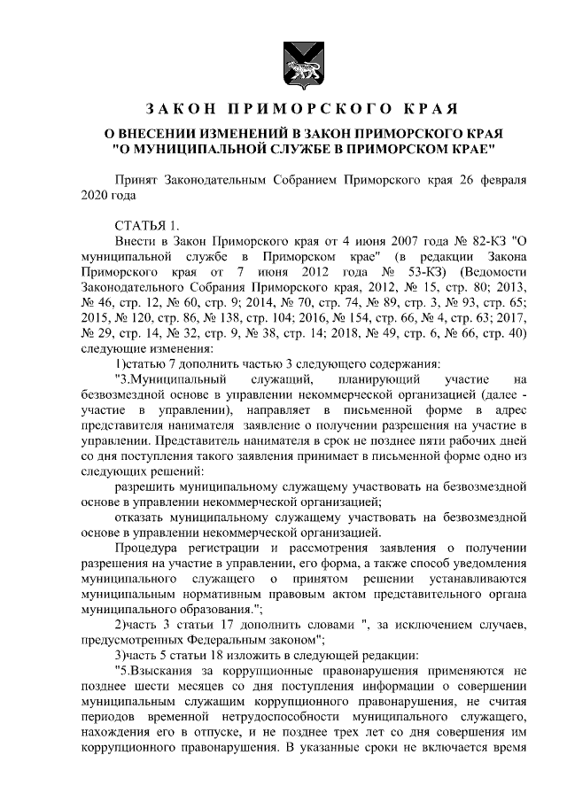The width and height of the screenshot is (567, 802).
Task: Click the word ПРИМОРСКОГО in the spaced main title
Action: pyautogui.click(x=292, y=110)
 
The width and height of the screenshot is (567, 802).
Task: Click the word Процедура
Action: pyautogui.click(x=148, y=549)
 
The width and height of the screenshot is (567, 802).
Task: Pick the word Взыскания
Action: pyautogui.click(x=173, y=671)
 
